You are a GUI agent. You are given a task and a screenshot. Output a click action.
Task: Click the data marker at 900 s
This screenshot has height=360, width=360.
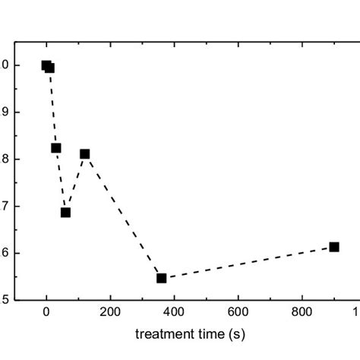[x=334, y=247]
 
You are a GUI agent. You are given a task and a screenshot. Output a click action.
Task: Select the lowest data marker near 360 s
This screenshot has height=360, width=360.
[x=161, y=278]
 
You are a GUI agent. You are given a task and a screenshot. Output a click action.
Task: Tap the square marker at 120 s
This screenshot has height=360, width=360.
[x=84, y=154]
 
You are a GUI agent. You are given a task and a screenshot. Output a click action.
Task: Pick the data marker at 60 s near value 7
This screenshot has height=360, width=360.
[x=65, y=213]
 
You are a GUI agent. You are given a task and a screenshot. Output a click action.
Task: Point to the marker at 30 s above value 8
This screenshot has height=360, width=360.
[x=56, y=148]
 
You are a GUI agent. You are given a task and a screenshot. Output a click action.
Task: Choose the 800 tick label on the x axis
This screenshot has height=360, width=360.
[x=302, y=311]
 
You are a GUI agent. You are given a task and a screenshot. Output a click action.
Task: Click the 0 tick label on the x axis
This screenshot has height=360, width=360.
[x=46, y=311]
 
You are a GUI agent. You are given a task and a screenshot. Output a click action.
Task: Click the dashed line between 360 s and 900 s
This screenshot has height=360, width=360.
[x=248, y=263]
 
